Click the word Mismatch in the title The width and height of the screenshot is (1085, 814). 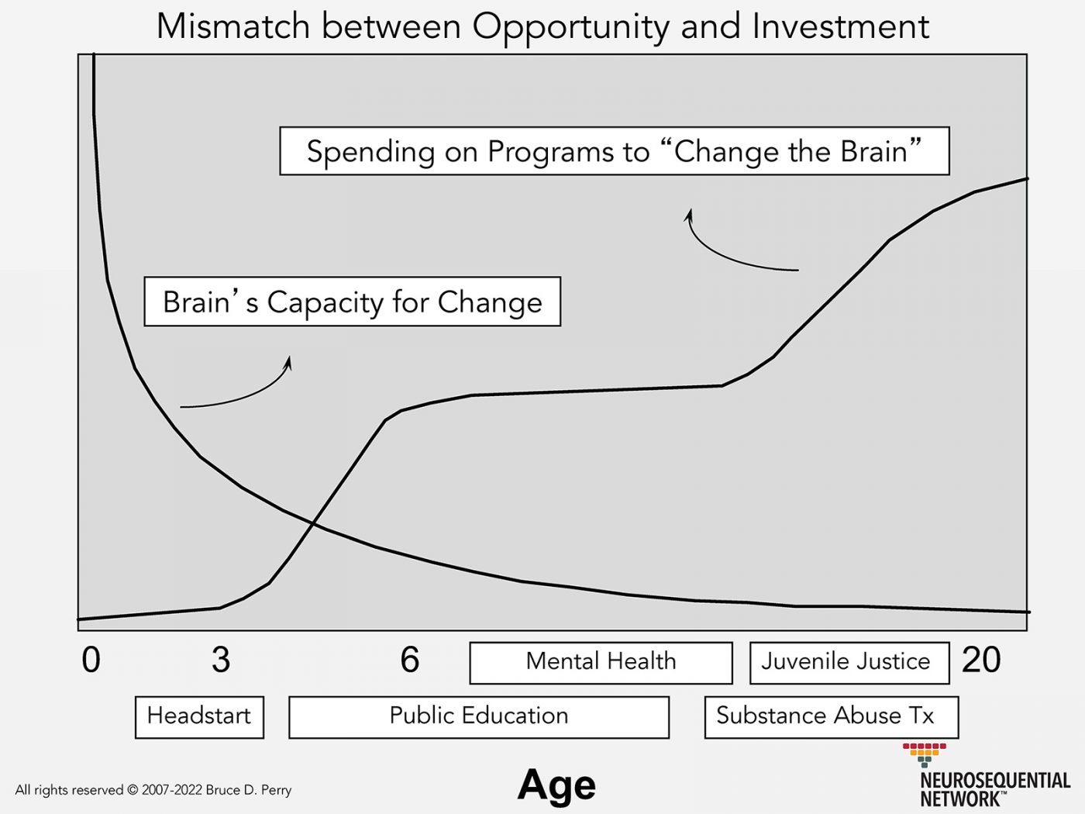tap(233, 26)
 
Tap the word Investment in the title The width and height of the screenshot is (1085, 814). tap(840, 26)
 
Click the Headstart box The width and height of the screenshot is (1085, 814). tap(199, 716)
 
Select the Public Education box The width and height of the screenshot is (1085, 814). tap(478, 716)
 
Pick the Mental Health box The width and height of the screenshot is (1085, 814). tap(601, 662)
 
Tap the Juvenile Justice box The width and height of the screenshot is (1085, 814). tap(849, 662)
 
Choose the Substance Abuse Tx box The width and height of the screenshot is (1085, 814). tap(831, 716)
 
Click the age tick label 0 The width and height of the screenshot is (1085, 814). tap(91, 661)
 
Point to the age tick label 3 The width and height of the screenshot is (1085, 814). tap(221, 661)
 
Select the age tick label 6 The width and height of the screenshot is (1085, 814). tap(410, 661)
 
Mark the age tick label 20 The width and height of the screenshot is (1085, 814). tap(981, 661)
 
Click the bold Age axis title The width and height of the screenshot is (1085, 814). tap(556, 785)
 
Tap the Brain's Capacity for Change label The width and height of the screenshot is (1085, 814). tap(352, 302)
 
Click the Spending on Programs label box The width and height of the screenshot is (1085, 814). tap(614, 151)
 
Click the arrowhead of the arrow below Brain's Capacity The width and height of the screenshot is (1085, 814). tap(289, 360)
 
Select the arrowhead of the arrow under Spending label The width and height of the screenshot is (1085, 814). tap(689, 213)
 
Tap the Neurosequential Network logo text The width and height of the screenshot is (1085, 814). tap(994, 788)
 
